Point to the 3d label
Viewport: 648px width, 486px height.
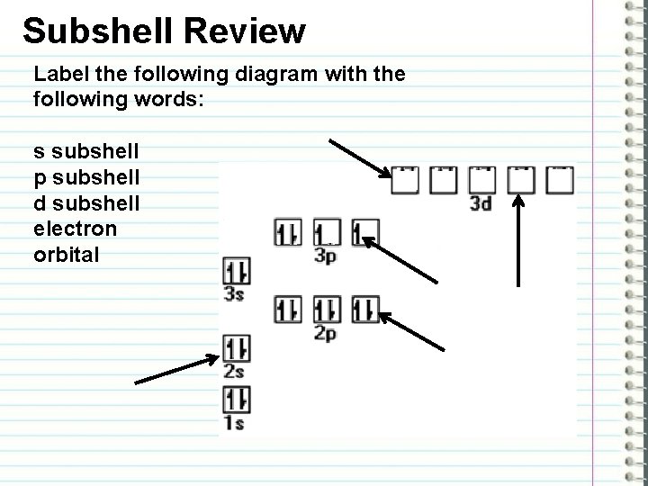(481, 203)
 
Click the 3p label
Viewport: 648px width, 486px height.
(326, 256)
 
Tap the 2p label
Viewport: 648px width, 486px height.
(326, 334)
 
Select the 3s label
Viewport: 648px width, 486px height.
(235, 293)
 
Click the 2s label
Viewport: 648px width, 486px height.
(235, 371)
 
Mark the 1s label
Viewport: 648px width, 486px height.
(235, 423)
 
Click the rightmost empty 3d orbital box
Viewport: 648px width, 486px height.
(560, 181)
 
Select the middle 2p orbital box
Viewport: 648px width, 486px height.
(327, 310)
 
